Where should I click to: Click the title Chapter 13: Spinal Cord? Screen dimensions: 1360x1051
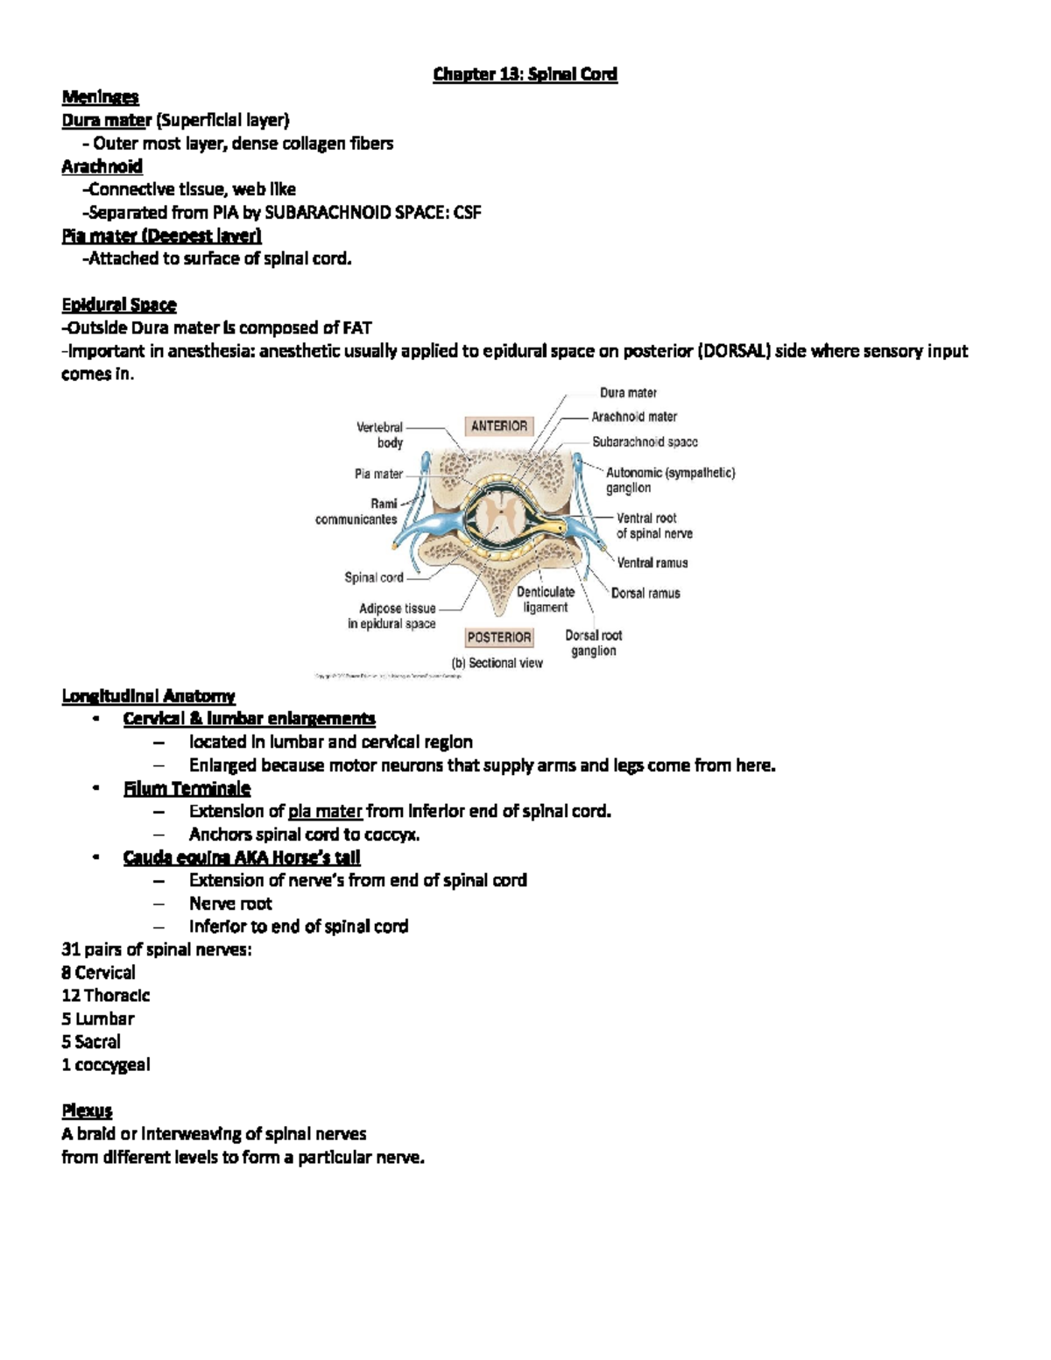[x=525, y=74]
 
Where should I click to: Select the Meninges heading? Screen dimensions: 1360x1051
[x=100, y=97]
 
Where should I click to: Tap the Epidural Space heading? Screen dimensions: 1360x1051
[x=119, y=305]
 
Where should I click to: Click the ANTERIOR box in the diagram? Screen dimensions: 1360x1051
[x=499, y=426]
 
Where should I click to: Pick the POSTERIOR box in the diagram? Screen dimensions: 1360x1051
[x=499, y=638]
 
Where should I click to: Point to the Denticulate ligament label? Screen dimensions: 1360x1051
[x=546, y=600]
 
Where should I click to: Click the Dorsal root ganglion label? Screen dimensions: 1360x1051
[x=594, y=643]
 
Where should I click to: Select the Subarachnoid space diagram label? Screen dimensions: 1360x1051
[x=645, y=442]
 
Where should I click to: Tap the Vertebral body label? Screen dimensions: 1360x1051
[x=380, y=435]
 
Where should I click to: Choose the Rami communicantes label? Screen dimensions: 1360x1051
[x=357, y=511]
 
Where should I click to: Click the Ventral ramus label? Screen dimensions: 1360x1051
[x=652, y=563]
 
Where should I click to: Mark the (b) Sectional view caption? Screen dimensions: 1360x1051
[x=497, y=663]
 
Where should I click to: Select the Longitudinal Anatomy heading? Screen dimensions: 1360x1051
[x=148, y=696]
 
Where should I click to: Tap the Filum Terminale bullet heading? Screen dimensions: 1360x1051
[x=187, y=788]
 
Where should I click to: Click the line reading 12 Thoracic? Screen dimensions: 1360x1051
[x=105, y=996]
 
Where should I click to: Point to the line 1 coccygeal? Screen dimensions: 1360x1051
[x=105, y=1065]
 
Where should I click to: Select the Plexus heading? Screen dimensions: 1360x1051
[x=87, y=1110]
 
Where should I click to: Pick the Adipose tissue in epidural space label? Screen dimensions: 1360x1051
[x=392, y=616]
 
